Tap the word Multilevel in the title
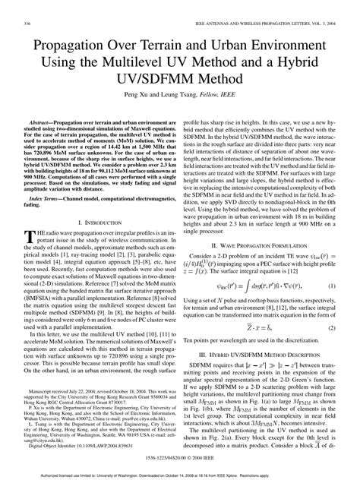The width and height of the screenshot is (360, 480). [145, 61]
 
